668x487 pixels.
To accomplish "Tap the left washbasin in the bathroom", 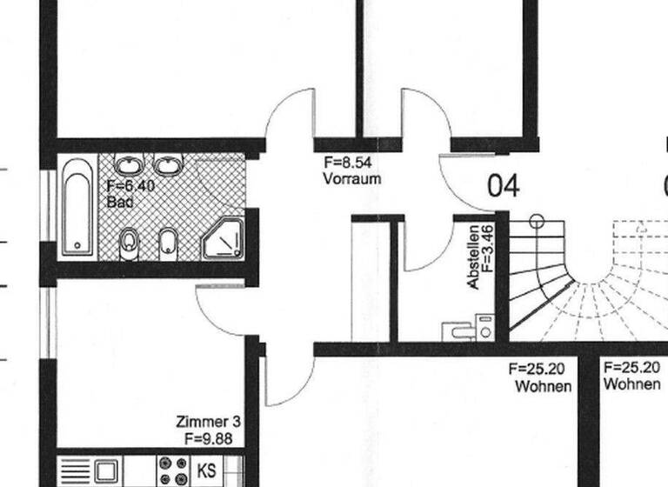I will (130, 165).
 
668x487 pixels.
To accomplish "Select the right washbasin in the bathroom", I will (168, 165).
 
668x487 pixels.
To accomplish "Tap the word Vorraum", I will (351, 178).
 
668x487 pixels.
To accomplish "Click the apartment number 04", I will (503, 186).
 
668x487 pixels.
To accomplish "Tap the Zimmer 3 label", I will (208, 423).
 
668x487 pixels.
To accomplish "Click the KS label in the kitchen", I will (207, 470).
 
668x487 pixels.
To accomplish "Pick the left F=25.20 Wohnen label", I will (543, 377).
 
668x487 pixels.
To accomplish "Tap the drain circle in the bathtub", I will (76, 244).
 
